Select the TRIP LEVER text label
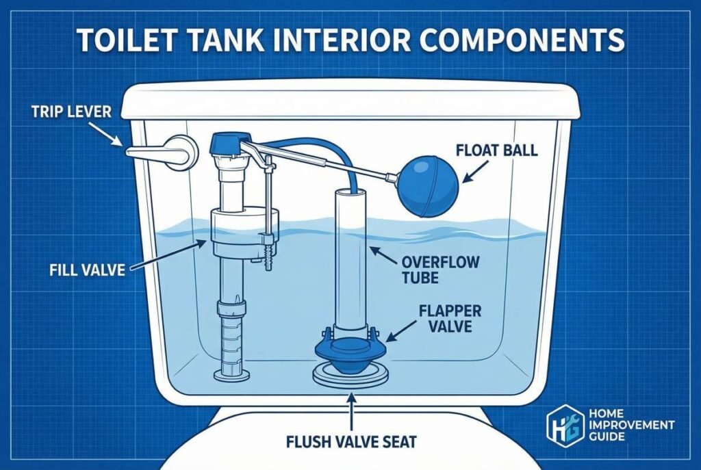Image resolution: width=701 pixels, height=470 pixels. pos(71,111)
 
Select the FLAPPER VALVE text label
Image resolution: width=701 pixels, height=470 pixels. pos(449,318)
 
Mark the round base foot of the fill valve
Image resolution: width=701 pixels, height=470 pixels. pos(228,374)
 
